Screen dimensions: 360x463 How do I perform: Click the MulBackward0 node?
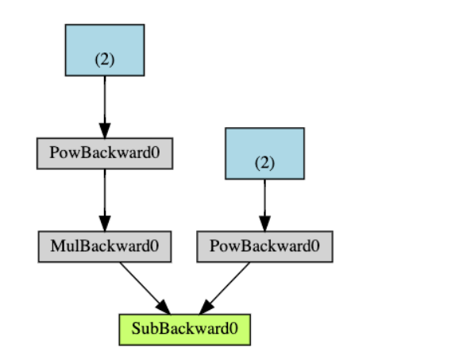pyautogui.click(x=105, y=247)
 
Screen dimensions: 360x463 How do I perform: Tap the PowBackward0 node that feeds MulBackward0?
pyautogui.click(x=105, y=153)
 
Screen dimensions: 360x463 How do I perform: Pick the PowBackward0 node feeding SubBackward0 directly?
pyautogui.click(x=264, y=247)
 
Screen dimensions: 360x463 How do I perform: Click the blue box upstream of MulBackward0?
pyautogui.click(x=105, y=50)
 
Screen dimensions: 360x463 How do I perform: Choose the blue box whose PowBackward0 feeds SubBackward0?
pyautogui.click(x=264, y=153)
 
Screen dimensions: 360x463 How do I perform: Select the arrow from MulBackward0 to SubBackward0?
pyautogui.click(x=143, y=286)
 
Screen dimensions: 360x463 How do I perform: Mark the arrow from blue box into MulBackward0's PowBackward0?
pyautogui.click(x=105, y=103)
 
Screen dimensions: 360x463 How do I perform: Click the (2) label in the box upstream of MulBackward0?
pyautogui.click(x=105, y=60)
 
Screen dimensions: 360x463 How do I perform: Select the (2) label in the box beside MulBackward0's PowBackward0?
pyautogui.click(x=264, y=163)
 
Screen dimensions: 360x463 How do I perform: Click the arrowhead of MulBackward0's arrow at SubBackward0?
pyautogui.click(x=163, y=306)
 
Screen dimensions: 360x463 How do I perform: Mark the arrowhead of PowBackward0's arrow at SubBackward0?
pyautogui.click(x=207, y=306)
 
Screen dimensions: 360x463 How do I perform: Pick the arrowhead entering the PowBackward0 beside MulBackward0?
pyautogui.click(x=264, y=224)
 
